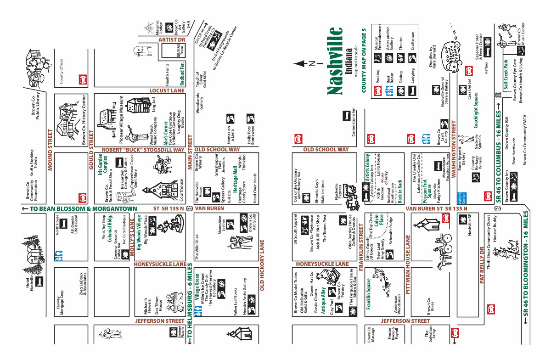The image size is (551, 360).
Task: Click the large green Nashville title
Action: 336,61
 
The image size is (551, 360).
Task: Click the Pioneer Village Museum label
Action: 122,116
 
